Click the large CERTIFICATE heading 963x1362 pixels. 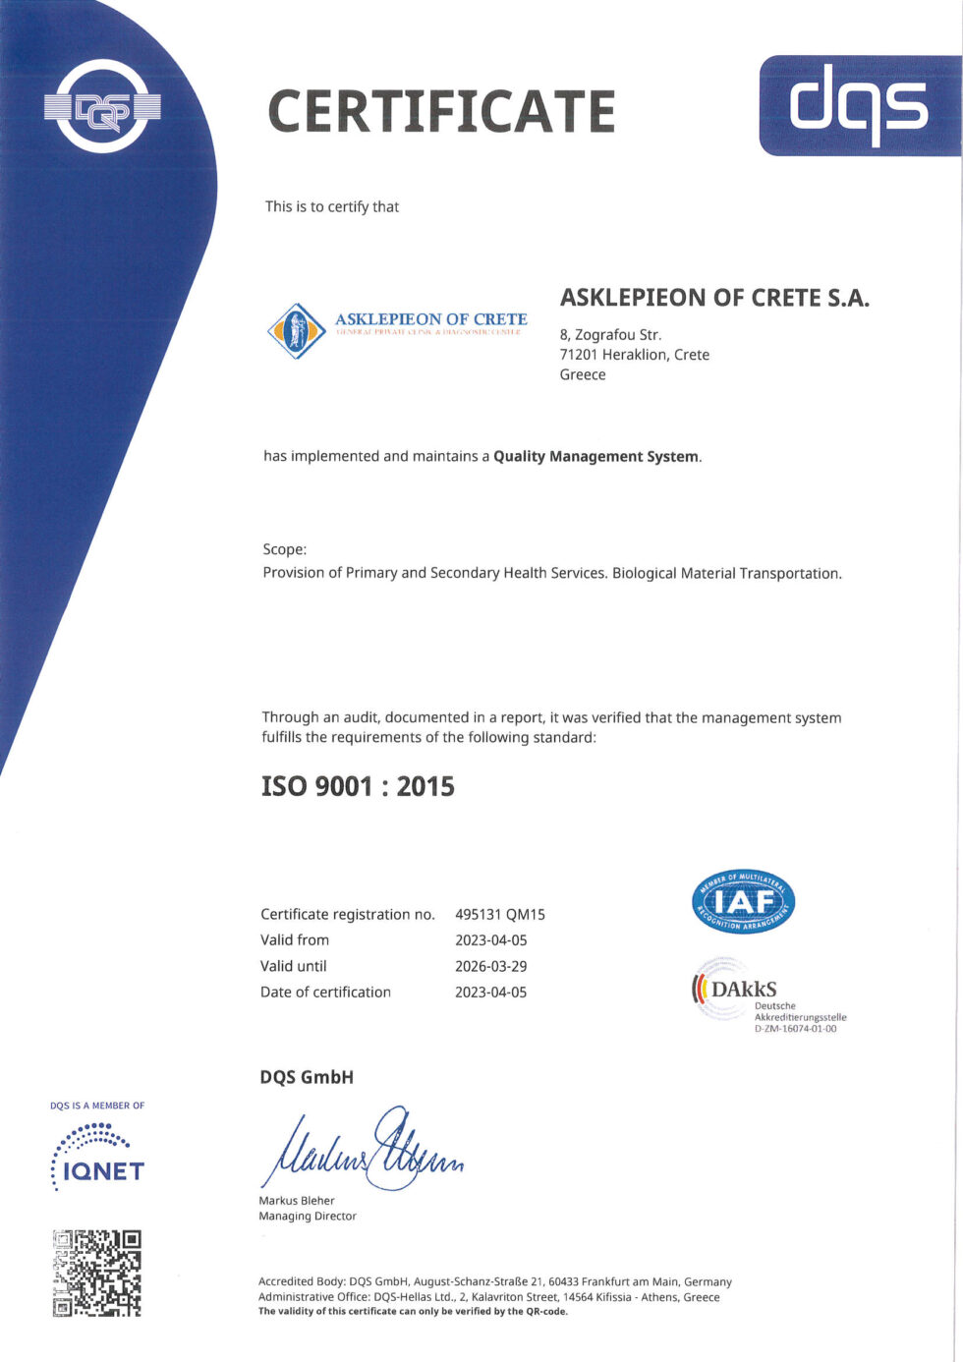click(441, 111)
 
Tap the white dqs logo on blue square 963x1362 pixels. click(859, 106)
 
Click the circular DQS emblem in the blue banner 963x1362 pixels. click(102, 106)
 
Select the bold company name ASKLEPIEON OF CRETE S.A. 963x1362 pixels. click(714, 298)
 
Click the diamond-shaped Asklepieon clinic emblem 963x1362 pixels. click(296, 330)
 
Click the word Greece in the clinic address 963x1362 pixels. click(583, 374)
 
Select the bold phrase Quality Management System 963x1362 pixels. click(595, 456)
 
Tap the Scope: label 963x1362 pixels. click(285, 549)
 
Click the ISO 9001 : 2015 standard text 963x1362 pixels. click(358, 786)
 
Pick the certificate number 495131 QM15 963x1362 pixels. click(500, 914)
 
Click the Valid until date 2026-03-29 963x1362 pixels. click(490, 966)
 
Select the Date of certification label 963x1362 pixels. click(325, 993)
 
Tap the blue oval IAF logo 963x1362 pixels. click(744, 902)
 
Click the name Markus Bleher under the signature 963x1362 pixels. click(297, 1201)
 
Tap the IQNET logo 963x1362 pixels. click(97, 1159)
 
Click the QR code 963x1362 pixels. click(96, 1273)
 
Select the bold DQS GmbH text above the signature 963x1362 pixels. click(307, 1077)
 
